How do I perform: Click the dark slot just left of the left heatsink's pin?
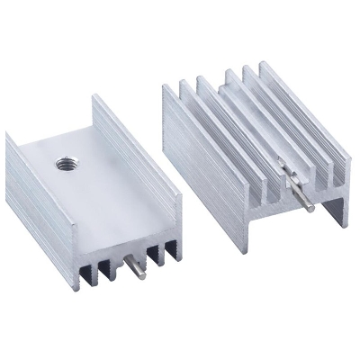(114, 266)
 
